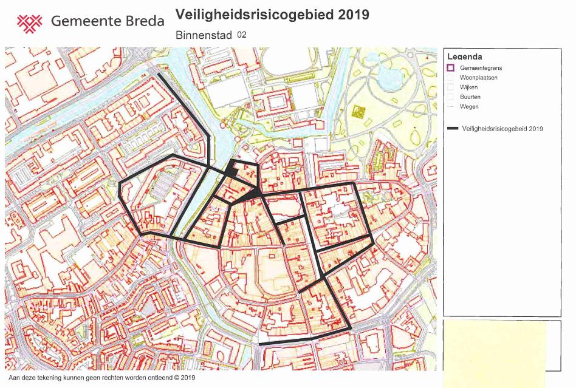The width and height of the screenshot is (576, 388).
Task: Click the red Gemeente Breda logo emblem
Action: pos(29,22)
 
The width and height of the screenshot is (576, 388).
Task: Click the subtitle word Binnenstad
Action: pos(204,35)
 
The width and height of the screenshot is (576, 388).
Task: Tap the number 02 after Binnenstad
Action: pos(242,35)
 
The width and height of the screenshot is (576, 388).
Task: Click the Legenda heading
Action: pos(465,56)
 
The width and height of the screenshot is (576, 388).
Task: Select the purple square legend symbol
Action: pos(450,68)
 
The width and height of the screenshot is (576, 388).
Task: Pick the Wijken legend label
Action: pos(468,87)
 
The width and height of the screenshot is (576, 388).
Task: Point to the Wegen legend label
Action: pos(469,107)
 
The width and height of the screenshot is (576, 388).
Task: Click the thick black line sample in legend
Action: pos(453,129)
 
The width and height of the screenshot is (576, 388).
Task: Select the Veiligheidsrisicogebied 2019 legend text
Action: pos(502,129)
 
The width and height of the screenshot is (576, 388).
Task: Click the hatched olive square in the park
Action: pos(357,112)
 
